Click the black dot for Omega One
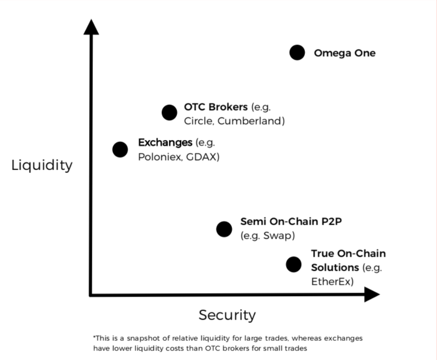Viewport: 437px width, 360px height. [297, 52]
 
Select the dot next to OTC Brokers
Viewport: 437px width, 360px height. [169, 112]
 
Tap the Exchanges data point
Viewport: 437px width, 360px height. [120, 150]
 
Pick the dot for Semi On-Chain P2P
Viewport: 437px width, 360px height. [224, 229]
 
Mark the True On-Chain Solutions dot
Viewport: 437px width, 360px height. [293, 264]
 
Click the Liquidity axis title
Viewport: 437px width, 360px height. [42, 165]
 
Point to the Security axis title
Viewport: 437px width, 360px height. [227, 315]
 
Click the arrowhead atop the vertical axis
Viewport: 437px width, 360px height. [91, 27]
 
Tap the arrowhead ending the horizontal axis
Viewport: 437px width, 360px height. [372, 294]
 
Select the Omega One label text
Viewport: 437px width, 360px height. [345, 53]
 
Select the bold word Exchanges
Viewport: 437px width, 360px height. [165, 142]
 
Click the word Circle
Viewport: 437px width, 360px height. [199, 121]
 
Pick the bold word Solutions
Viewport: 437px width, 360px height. [335, 268]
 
